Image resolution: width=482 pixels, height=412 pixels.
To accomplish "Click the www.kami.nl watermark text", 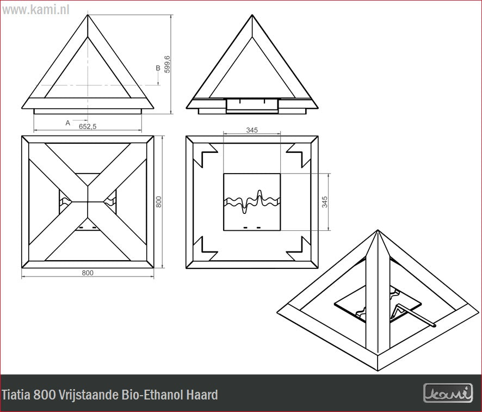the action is [x=36, y=10].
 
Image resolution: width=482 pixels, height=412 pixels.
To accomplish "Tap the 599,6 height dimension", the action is [x=167, y=64].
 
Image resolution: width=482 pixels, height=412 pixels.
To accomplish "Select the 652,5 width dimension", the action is [x=88, y=126].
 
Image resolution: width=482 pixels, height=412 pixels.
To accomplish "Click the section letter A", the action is [x=68, y=123].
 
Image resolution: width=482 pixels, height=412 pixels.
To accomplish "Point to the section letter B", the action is [x=158, y=68].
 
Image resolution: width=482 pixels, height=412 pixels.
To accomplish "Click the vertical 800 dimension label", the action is [x=159, y=202].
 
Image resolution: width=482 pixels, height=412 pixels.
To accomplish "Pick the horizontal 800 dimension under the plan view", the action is [x=88, y=273].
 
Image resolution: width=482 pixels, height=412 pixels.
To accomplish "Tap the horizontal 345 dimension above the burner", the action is [x=252, y=130].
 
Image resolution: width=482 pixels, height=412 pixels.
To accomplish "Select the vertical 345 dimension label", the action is [x=325, y=202].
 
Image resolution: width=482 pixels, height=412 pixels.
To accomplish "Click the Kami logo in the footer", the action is [x=448, y=392].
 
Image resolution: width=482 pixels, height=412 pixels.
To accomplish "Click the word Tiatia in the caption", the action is [x=16, y=395].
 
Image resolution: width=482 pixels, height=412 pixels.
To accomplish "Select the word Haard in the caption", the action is [x=202, y=395].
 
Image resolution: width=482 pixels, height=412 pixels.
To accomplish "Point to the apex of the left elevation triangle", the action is [x=88, y=15].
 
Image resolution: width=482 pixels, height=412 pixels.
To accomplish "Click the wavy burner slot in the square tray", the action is [x=252, y=202].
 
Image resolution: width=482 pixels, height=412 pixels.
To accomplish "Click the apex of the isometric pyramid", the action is [x=378, y=230].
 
